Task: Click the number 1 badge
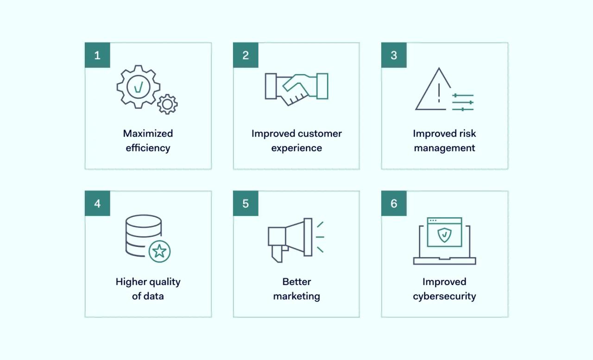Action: click(x=97, y=55)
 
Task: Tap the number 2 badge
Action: click(x=246, y=55)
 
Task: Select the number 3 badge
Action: click(x=394, y=55)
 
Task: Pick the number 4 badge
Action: click(x=97, y=203)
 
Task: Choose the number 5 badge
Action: click(x=246, y=203)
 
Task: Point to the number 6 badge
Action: click(x=394, y=203)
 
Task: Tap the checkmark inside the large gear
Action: click(x=139, y=87)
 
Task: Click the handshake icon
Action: click(x=296, y=89)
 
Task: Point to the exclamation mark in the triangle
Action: click(x=439, y=93)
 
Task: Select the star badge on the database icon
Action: click(x=159, y=251)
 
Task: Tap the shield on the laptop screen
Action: click(x=444, y=235)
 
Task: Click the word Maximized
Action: click(x=148, y=133)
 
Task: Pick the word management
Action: click(x=444, y=148)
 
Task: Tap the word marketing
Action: click(x=296, y=297)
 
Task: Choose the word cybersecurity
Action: click(x=444, y=297)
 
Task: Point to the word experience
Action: click(x=296, y=148)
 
